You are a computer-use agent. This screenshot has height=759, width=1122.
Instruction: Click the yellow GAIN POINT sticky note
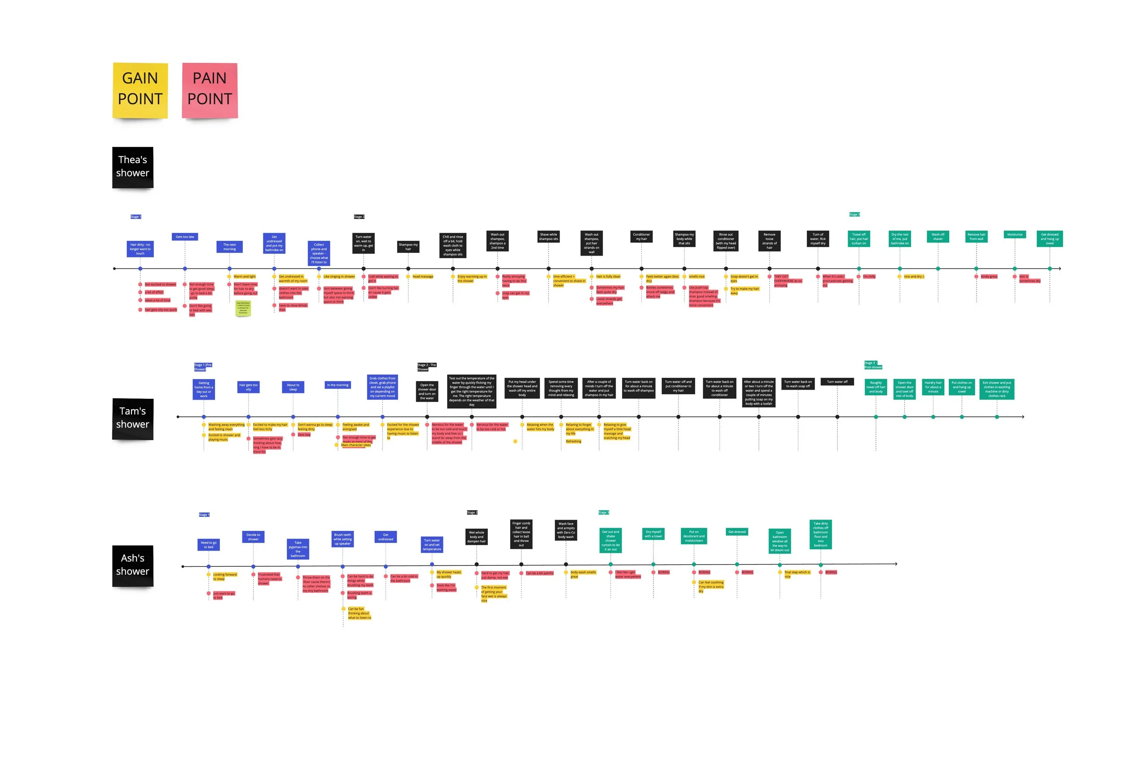tap(140, 90)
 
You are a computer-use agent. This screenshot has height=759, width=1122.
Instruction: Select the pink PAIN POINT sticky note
tap(210, 90)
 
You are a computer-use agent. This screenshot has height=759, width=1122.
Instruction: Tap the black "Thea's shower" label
tap(133, 167)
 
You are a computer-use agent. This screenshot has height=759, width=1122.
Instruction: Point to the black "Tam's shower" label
tap(133, 419)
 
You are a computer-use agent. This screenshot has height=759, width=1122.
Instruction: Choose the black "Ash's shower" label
tap(133, 566)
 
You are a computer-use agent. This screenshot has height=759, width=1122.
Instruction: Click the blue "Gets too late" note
tap(185, 237)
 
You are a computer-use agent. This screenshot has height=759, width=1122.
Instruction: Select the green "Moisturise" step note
tap(1014, 234)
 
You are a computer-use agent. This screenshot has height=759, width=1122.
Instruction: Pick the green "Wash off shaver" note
tap(938, 237)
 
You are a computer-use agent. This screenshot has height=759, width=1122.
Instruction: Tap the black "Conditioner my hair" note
tap(641, 237)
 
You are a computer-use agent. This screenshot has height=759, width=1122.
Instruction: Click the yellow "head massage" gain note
tap(423, 277)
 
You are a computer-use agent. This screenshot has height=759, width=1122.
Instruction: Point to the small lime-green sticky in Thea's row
tap(243, 308)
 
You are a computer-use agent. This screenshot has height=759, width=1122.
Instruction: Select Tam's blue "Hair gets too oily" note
tap(248, 387)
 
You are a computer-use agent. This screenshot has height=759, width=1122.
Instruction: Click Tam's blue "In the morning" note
tap(337, 385)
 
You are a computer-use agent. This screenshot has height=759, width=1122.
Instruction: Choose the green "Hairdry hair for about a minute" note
tap(933, 387)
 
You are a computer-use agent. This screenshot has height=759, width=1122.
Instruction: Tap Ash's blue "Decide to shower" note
tap(253, 537)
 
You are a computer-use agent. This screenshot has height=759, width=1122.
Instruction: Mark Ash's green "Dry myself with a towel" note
tap(653, 534)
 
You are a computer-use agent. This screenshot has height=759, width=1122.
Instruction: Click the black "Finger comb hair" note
tap(521, 534)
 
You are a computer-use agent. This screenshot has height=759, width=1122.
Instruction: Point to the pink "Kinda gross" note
tap(989, 277)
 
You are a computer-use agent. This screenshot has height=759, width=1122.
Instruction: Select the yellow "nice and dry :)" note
tap(913, 277)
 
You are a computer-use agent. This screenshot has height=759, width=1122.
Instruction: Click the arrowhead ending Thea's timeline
tap(1060, 269)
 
